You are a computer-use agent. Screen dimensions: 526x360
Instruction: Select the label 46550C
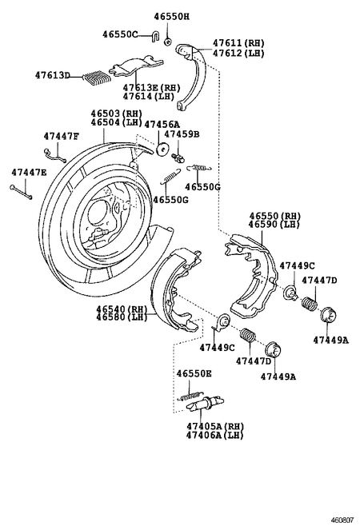coord(120,34)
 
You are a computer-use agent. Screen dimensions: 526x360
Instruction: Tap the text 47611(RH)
coord(239,42)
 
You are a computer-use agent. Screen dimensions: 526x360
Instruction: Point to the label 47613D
coord(53,76)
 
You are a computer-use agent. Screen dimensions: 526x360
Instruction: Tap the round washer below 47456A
coord(163,149)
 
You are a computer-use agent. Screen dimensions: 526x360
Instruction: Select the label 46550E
coord(194,373)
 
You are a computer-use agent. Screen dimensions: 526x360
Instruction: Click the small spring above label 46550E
coord(190,394)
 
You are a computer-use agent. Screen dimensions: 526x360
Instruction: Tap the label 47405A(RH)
coord(214,425)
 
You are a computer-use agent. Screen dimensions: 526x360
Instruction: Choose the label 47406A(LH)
coord(214,435)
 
